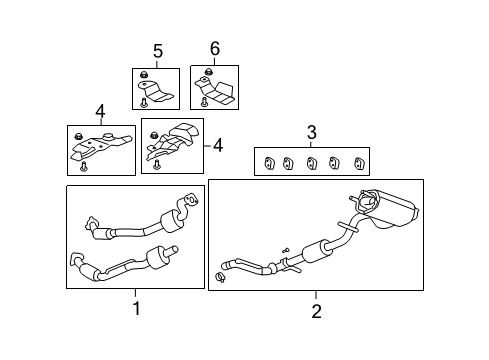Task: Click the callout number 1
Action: (x=137, y=308)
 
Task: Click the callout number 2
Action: (x=316, y=311)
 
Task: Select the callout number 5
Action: (x=157, y=51)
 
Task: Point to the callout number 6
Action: (x=214, y=49)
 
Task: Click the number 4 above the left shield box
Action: (x=100, y=110)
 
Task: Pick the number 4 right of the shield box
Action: (x=218, y=146)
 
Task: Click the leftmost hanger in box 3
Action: (x=267, y=162)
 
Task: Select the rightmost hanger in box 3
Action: (x=359, y=162)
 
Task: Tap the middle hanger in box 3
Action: (x=313, y=162)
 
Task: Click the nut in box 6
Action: (x=208, y=73)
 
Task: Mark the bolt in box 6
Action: (x=204, y=100)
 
